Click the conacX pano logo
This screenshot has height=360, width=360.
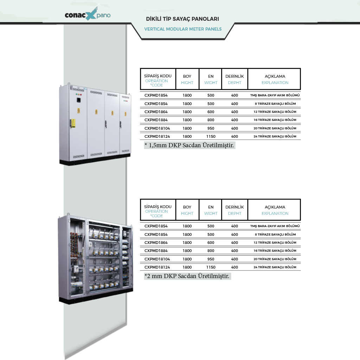coord(88,14)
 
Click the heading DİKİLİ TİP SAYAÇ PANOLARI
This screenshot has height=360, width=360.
coord(182,19)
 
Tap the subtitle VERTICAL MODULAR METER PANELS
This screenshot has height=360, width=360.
coord(183,29)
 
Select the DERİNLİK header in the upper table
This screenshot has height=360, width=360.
coord(234,76)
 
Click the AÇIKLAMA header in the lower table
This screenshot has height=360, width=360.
coord(275,207)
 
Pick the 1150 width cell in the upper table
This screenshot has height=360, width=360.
coord(211,136)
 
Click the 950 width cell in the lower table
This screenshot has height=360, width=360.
coord(211,259)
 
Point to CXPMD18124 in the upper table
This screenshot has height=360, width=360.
coord(157,136)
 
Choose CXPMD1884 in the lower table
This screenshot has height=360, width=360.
coord(156,251)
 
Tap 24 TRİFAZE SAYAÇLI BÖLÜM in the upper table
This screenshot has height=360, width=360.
coord(275,136)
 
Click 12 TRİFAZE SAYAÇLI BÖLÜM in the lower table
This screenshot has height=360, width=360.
coord(275,243)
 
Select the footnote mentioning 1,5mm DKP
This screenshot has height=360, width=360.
coord(189,145)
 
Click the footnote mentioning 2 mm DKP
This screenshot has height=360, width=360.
coord(187,276)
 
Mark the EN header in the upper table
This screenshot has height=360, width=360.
coord(211,76)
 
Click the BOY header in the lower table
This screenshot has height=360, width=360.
coord(187,207)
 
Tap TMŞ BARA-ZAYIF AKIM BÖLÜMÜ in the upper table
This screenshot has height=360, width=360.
coord(275,95)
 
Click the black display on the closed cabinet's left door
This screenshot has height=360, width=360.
coord(78,100)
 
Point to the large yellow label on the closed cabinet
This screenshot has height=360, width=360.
coord(73,123)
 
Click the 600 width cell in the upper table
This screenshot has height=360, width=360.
coord(211,112)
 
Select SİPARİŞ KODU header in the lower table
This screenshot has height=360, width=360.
coord(158,207)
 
